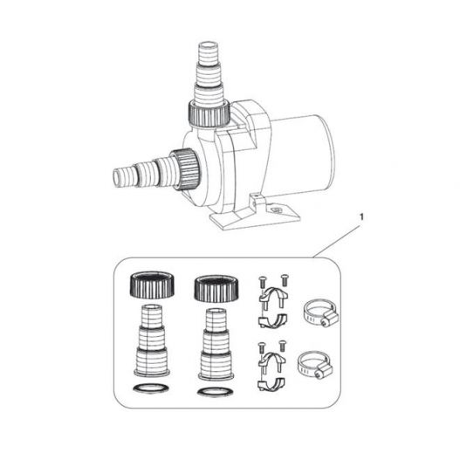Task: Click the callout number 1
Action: pos(361,217)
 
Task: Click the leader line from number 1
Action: pos(336,242)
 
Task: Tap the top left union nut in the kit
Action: pos(152,285)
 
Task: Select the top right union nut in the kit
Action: pos(216,288)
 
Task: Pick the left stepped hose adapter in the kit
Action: pos(152,340)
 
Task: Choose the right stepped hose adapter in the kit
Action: pos(216,344)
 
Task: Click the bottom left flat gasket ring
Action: pos(151,388)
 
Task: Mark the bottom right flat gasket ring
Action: pos(216,392)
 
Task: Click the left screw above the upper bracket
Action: pos(262,282)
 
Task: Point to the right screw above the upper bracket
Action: pos(285,279)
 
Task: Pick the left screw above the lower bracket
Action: pos(261,347)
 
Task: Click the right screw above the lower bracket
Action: pos(282,346)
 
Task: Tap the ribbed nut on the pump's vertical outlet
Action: pos(209,113)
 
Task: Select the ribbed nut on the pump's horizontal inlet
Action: pos(186,169)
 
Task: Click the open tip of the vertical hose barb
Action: pos(209,45)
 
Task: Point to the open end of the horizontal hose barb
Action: pos(117,177)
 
